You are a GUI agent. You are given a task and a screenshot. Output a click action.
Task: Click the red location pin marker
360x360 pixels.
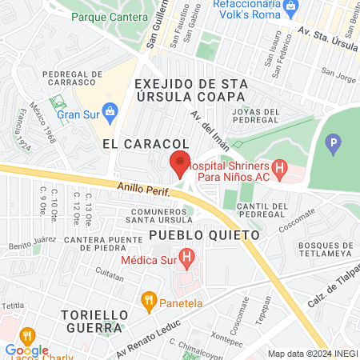180,163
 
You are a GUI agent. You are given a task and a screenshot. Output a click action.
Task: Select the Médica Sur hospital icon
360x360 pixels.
186,258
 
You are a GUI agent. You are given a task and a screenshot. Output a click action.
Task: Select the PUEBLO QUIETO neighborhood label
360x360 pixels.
206,236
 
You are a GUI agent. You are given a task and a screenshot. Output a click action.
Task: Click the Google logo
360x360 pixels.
26,350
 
